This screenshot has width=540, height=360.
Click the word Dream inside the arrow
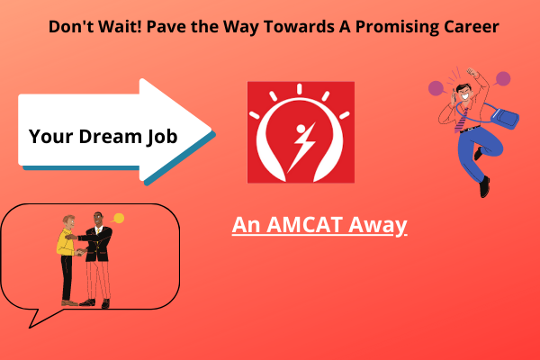[x=110, y=136]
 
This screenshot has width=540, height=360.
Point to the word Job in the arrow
[x=162, y=137]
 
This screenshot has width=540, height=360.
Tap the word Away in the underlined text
[x=377, y=226]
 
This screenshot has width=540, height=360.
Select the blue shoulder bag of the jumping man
[x=505, y=117]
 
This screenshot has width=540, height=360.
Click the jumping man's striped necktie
[x=461, y=121]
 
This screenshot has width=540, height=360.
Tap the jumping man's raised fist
[x=472, y=72]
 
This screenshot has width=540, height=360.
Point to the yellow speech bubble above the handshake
[x=118, y=219]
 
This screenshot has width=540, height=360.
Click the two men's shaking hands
[x=81, y=252]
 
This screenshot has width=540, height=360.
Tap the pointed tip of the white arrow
[x=211, y=130]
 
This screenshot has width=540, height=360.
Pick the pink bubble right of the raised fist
[x=502, y=79]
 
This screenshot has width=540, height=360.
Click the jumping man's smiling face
[x=463, y=93]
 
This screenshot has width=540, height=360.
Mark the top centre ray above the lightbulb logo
[x=300, y=88]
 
